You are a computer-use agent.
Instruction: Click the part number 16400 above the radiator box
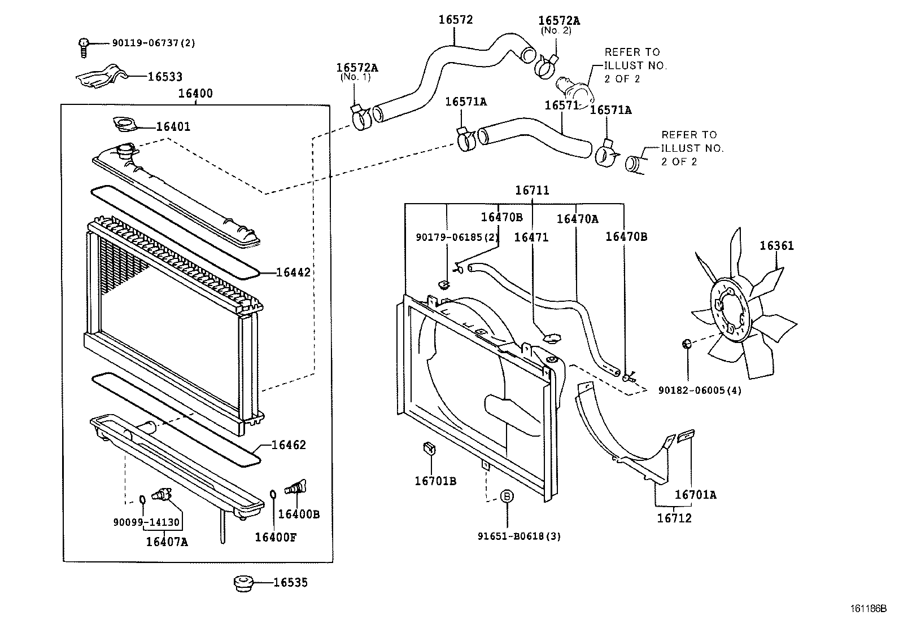pos(195,94)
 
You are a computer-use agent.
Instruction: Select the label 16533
pos(165,77)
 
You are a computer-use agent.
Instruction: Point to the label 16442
pos(293,272)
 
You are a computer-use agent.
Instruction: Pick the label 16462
pos(289,445)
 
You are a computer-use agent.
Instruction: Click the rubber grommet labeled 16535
pos(242,583)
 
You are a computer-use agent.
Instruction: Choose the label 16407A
pos(167,542)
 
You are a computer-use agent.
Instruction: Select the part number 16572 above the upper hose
pos(456,20)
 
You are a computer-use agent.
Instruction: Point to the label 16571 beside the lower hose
pos(561,105)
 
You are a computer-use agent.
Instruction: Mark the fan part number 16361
pos(776,246)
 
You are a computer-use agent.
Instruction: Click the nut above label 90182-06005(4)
pos(687,344)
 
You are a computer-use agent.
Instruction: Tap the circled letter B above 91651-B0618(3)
pos(507,496)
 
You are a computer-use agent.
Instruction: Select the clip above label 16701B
pos(429,449)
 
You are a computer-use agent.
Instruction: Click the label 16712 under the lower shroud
pos(674,517)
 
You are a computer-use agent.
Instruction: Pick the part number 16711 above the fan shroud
pos(531,191)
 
